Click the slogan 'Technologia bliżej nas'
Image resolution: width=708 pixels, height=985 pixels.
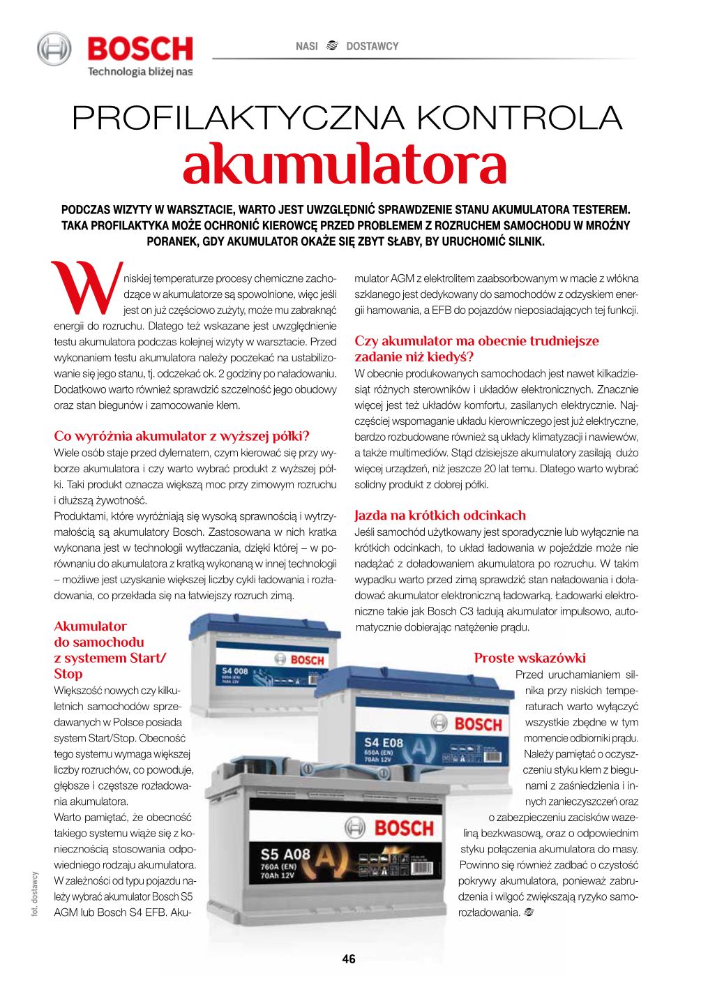point(139,70)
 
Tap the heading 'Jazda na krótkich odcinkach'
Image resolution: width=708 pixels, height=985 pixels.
point(440,516)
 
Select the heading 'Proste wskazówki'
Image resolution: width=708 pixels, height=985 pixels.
point(530,657)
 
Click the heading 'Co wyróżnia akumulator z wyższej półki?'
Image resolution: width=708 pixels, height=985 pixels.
point(181,437)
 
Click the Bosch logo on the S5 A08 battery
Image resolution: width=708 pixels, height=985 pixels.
point(400,829)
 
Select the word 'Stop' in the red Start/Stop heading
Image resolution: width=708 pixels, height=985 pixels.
point(68,674)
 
